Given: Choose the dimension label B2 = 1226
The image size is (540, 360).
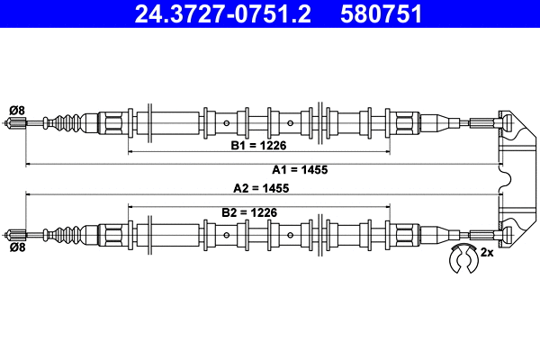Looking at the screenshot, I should pos(248,212).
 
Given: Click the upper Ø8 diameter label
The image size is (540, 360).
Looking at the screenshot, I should pos(16,110).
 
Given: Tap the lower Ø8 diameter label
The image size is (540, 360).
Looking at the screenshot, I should pos(16,246).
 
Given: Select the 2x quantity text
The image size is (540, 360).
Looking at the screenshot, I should pos(487,253).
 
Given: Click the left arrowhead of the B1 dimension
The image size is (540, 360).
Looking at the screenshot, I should pos(132,152).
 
